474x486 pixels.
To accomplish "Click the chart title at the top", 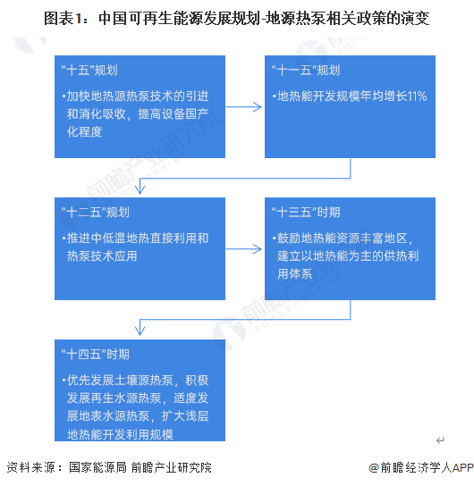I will point(237,18).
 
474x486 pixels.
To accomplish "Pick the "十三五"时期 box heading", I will point(305,213).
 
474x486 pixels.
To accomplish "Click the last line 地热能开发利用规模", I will point(119,434).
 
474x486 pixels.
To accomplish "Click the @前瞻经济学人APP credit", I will point(419,467).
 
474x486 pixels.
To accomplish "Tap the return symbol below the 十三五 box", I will point(440,440).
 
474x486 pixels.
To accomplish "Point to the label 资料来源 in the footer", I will point(29,467).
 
